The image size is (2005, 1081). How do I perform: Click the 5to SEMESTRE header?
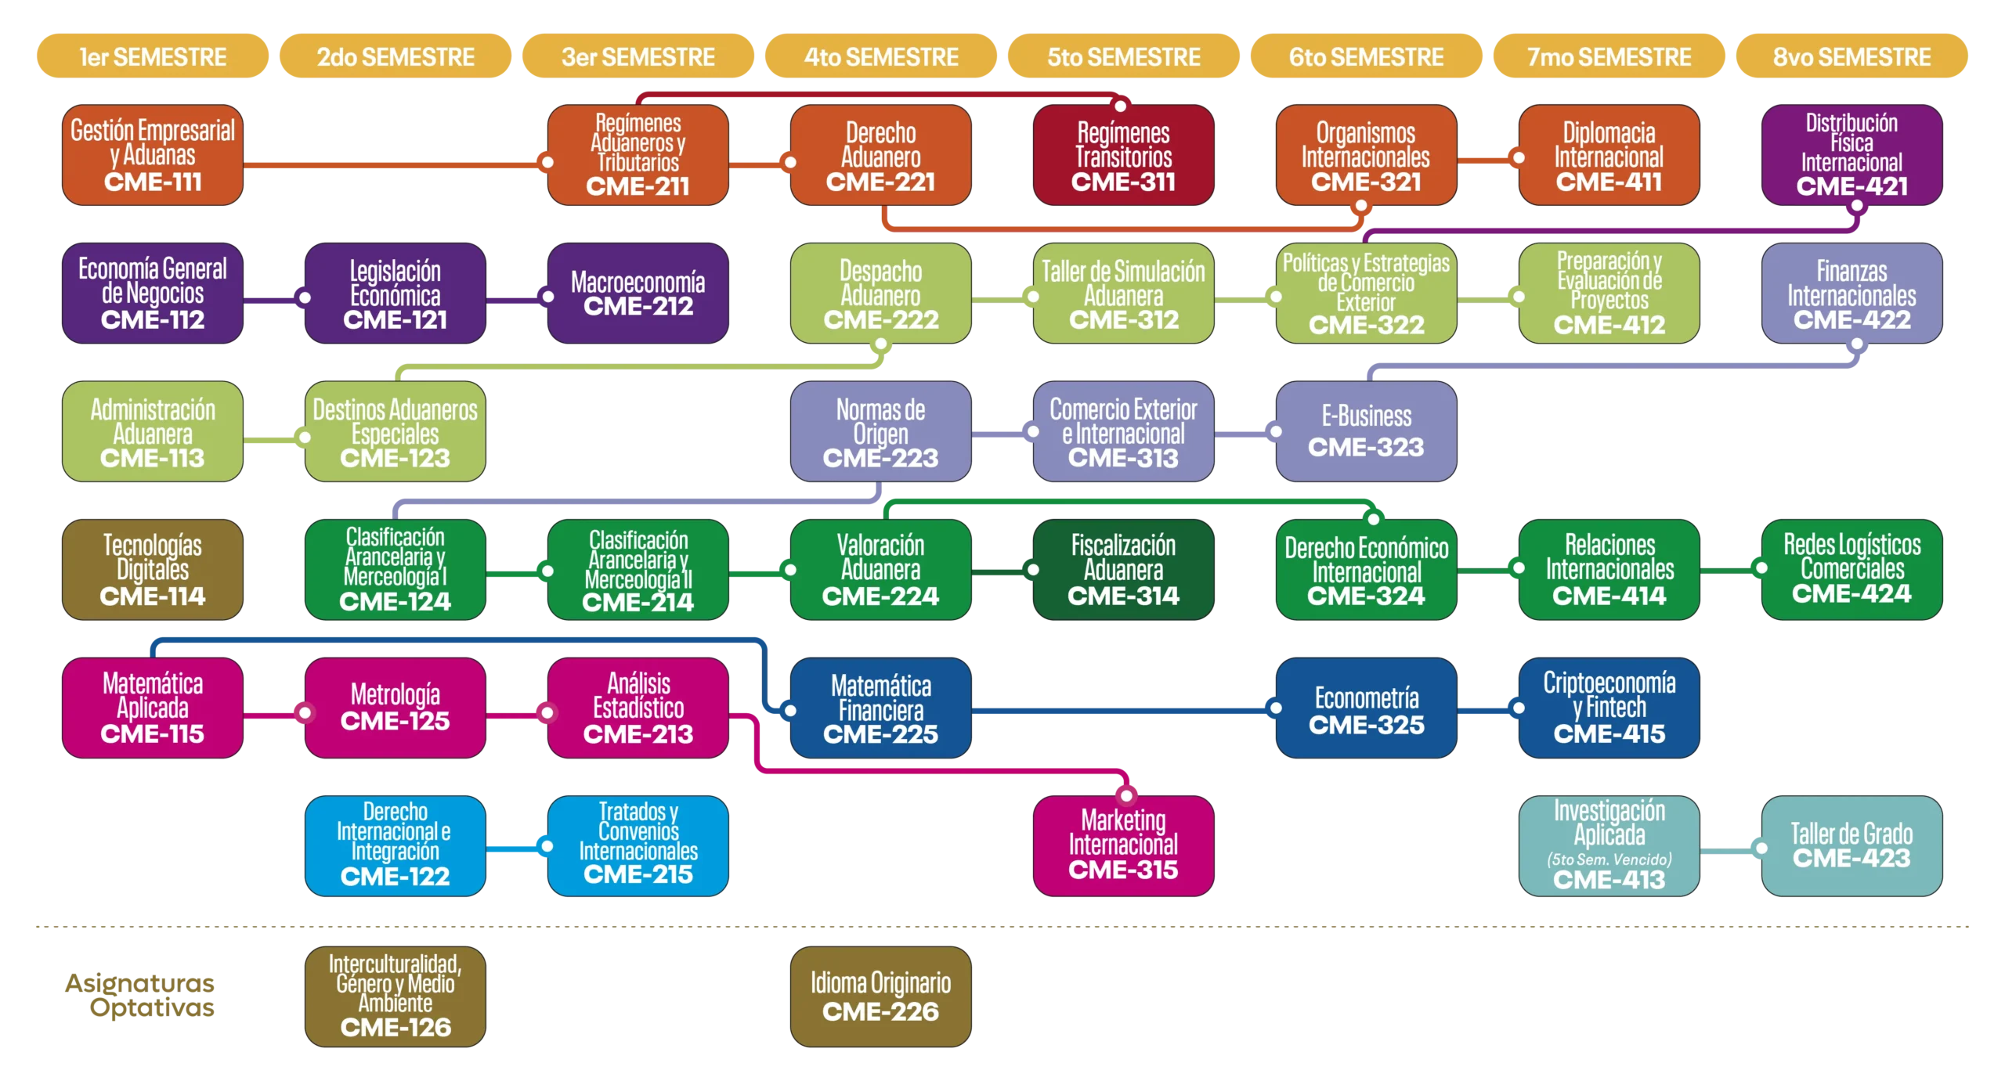[1123, 56]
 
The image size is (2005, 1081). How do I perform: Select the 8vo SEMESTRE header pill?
[1851, 56]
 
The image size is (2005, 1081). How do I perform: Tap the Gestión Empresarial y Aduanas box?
[153, 155]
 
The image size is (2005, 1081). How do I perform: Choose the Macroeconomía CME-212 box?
[638, 293]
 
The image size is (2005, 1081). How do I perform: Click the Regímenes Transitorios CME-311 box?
[1123, 155]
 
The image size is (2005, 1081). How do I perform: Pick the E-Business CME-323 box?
[1366, 431]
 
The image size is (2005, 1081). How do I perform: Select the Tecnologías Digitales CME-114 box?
[153, 570]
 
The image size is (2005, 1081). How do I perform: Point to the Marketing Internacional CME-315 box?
[1123, 845]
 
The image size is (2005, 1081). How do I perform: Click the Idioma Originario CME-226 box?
[880, 996]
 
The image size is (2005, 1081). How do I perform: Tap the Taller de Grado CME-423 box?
[1851, 845]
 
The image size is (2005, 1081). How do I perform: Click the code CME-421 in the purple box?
[1851, 186]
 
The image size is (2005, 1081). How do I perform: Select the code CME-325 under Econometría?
[1366, 725]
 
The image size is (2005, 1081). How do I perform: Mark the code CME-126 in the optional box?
[396, 1027]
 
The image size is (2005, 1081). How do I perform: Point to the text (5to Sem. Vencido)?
[1609, 859]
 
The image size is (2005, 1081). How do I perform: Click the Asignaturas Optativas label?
[141, 996]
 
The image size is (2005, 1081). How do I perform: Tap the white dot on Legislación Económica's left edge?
[305, 297]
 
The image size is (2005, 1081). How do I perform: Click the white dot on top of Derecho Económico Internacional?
[1373, 518]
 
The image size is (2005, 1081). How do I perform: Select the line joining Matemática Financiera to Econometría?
[1120, 712]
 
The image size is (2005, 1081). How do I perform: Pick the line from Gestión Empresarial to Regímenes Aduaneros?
[392, 164]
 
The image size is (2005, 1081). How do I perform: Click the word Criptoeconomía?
[1609, 683]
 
